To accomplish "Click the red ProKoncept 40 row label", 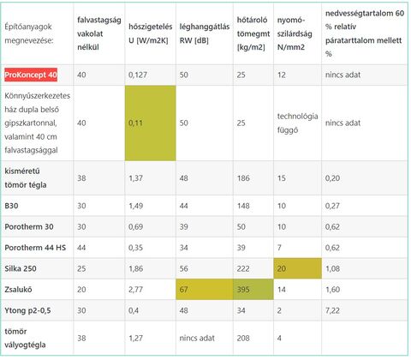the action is (x=31, y=75).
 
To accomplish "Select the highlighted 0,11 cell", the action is (x=151, y=123).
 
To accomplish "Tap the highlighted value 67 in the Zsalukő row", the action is (x=205, y=290).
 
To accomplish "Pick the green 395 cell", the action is (x=253, y=290).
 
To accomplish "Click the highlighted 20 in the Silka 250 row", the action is (x=297, y=268).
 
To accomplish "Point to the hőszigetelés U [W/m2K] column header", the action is (x=151, y=33).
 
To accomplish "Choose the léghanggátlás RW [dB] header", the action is (x=205, y=33).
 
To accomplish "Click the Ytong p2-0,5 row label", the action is (x=27, y=310).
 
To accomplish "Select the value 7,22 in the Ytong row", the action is (x=332, y=310).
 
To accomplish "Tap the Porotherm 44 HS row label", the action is (x=35, y=248).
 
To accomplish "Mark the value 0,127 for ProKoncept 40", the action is (x=138, y=75).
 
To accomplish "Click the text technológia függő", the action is (x=297, y=123).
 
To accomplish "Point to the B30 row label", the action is (x=11, y=206).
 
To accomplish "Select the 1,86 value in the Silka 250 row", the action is (x=135, y=268).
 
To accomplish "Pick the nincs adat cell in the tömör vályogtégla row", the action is (x=197, y=338).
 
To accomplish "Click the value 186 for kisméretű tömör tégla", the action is (x=243, y=178).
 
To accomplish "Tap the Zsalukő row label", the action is (x=18, y=290).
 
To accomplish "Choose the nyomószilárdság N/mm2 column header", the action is (x=295, y=33).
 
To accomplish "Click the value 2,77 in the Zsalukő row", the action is (x=135, y=290).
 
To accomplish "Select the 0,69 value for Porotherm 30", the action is (x=135, y=227).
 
